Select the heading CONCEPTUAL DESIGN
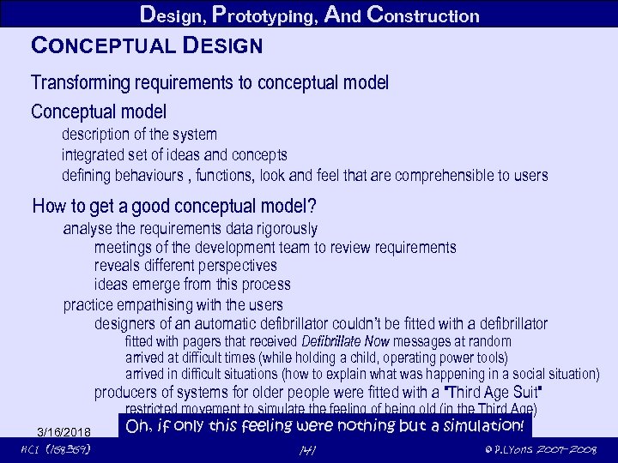146,44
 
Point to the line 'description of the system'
139,135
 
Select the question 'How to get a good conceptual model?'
174,207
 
